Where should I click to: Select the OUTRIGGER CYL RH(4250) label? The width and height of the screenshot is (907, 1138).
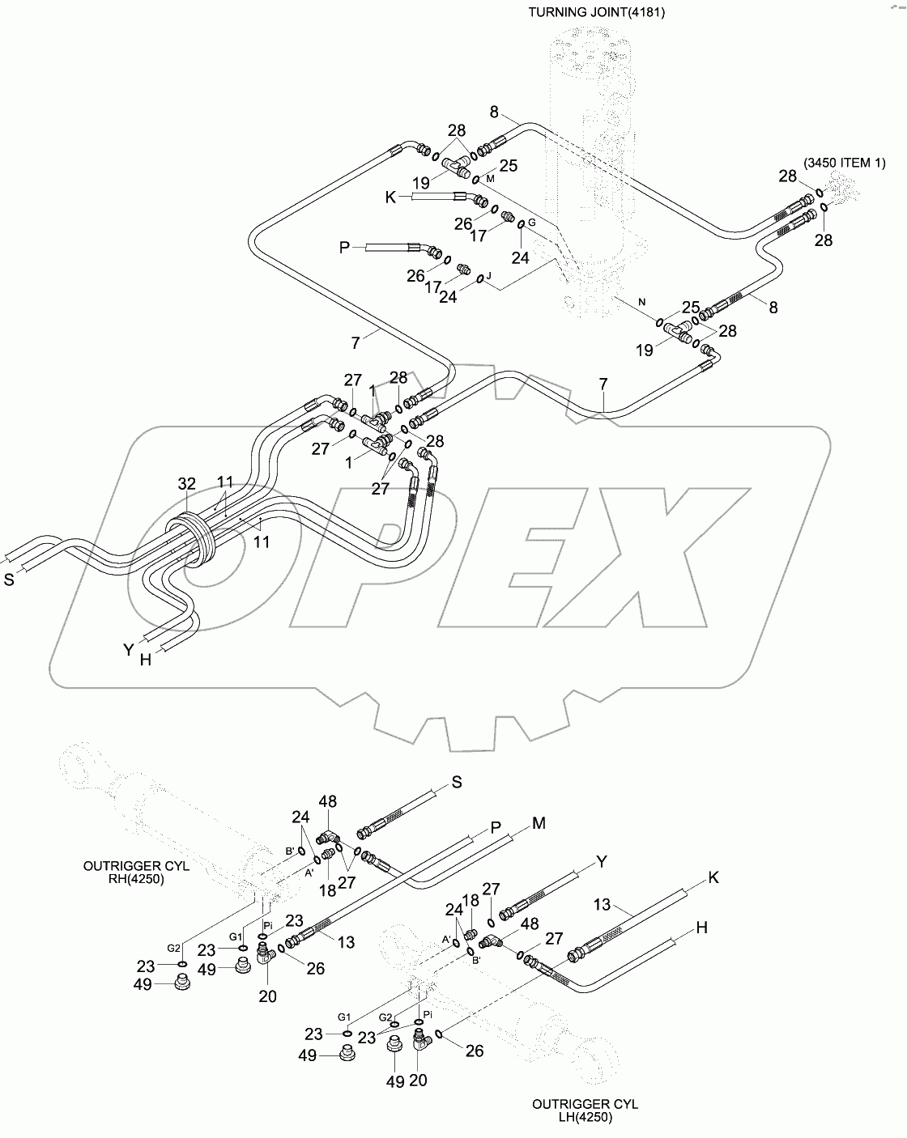tap(136, 873)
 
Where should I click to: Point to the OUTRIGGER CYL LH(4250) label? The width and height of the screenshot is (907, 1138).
tap(585, 1110)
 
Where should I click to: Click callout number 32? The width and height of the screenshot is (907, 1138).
tap(187, 484)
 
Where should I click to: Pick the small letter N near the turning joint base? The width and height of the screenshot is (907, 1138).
tap(641, 302)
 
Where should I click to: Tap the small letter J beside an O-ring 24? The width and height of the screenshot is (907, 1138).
tap(488, 274)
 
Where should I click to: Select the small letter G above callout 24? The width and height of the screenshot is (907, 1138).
tap(531, 222)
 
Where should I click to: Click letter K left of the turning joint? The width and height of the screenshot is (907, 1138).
tap(391, 197)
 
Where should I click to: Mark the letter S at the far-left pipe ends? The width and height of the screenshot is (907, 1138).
tap(10, 580)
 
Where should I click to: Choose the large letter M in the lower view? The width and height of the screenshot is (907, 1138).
tap(539, 823)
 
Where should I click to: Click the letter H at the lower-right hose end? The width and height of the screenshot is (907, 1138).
tap(701, 928)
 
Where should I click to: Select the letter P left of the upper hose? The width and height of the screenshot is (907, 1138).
tap(344, 247)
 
